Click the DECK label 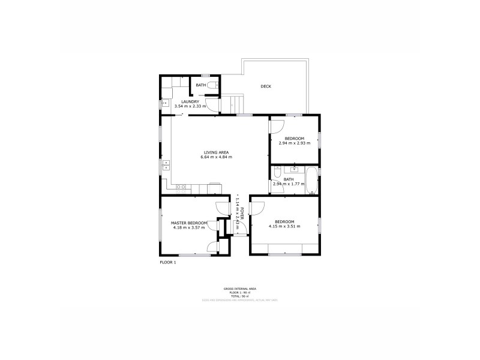pyautogui.click(x=266, y=86)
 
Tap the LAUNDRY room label pyautogui.click(x=190, y=102)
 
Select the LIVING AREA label pyautogui.click(x=216, y=152)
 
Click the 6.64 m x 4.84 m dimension pyautogui.click(x=216, y=157)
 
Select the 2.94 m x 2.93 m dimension pyautogui.click(x=294, y=143)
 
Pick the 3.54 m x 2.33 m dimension pyautogui.click(x=190, y=106)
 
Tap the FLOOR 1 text pyautogui.click(x=168, y=262)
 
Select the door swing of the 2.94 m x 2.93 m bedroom pyautogui.click(x=277, y=127)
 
